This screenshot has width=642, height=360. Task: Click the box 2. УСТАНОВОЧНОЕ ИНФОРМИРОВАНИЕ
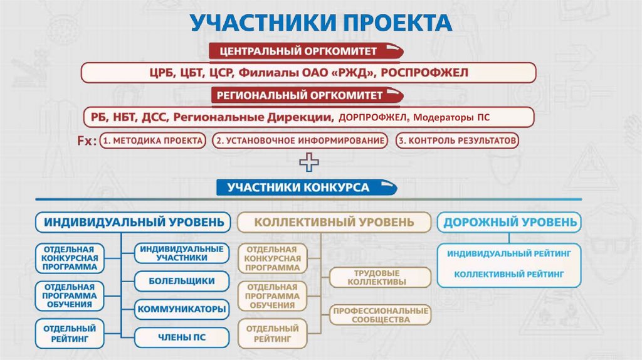(x=300, y=141)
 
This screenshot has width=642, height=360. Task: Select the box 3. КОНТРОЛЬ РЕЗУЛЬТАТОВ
(x=458, y=141)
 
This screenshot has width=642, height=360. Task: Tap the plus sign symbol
(x=309, y=164)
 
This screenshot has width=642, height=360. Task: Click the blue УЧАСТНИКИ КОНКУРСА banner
(x=307, y=188)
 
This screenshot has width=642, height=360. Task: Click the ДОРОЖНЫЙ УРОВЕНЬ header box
(x=508, y=222)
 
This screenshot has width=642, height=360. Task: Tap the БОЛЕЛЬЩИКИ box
(x=182, y=281)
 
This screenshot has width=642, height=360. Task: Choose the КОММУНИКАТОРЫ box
(x=182, y=309)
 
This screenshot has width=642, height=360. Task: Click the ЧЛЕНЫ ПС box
(x=182, y=337)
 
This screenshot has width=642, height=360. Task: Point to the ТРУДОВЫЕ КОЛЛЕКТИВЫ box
(x=380, y=278)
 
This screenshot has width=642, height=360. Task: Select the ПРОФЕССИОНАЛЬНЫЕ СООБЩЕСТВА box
(x=380, y=315)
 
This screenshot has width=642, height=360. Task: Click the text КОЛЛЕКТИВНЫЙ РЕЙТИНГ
(x=508, y=275)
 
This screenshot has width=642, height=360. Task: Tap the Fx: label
(x=87, y=142)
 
